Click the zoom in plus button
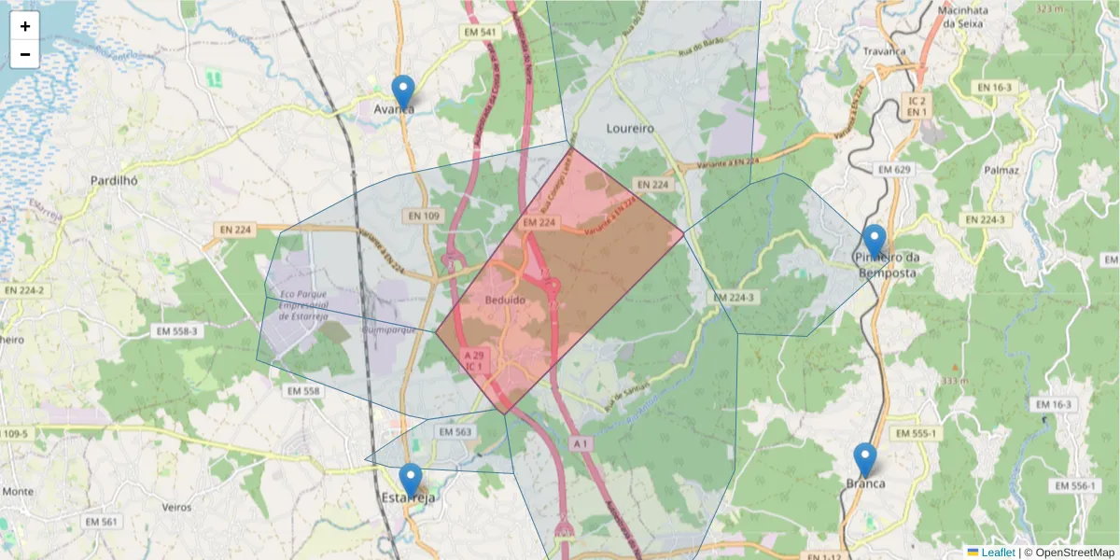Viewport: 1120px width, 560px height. [x=25, y=26]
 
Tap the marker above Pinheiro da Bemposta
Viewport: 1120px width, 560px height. [x=874, y=241]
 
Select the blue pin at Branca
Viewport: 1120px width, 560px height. [x=865, y=459]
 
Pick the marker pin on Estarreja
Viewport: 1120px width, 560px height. [x=410, y=480]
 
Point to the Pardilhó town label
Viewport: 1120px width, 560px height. [x=115, y=180]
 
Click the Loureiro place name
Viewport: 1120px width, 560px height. [x=630, y=128]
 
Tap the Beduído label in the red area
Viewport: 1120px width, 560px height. [x=506, y=301]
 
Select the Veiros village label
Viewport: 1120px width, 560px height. [x=176, y=508]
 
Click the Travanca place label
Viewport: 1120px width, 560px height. [x=885, y=51]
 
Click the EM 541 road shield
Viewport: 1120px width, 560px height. [x=481, y=33]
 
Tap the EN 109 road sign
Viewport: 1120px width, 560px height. [x=423, y=216]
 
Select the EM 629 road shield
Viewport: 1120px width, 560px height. [x=893, y=169]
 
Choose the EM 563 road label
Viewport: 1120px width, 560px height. [x=455, y=432]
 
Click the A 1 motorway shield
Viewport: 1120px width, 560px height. [x=581, y=441]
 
